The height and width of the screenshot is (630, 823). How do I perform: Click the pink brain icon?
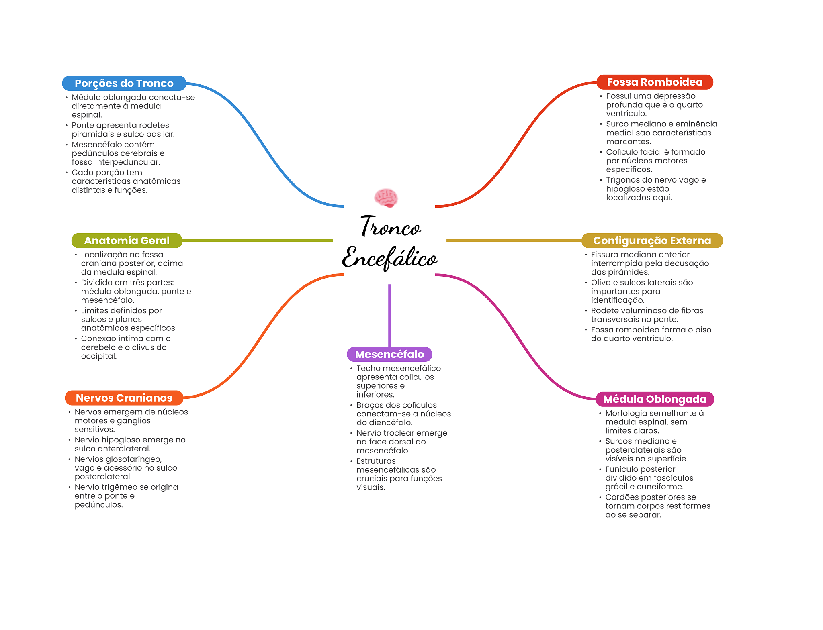pos(386,198)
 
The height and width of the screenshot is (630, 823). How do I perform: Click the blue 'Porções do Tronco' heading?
pos(124,83)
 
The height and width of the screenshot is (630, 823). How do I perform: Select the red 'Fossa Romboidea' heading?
pos(654,82)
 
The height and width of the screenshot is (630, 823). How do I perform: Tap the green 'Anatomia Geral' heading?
pos(127,241)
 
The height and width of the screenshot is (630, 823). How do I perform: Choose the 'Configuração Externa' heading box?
pos(652,241)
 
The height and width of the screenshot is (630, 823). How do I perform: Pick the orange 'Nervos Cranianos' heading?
pos(124,398)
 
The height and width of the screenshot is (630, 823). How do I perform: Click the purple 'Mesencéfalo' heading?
pos(389,354)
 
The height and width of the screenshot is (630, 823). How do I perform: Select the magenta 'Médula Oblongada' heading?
pos(655,399)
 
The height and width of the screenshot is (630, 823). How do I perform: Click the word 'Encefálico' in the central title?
pos(389,258)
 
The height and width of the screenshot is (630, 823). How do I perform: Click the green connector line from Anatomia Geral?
pos(257,241)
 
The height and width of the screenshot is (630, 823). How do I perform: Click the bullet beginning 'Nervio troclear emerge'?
pos(401,442)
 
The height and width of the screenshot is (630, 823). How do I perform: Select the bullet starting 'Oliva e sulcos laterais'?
pos(642,291)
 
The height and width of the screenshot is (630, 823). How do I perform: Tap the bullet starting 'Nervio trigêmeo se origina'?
pos(126,496)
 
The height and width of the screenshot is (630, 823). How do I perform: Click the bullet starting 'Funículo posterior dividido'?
pos(649,478)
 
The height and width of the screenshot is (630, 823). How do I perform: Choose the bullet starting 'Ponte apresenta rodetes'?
pos(123,130)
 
